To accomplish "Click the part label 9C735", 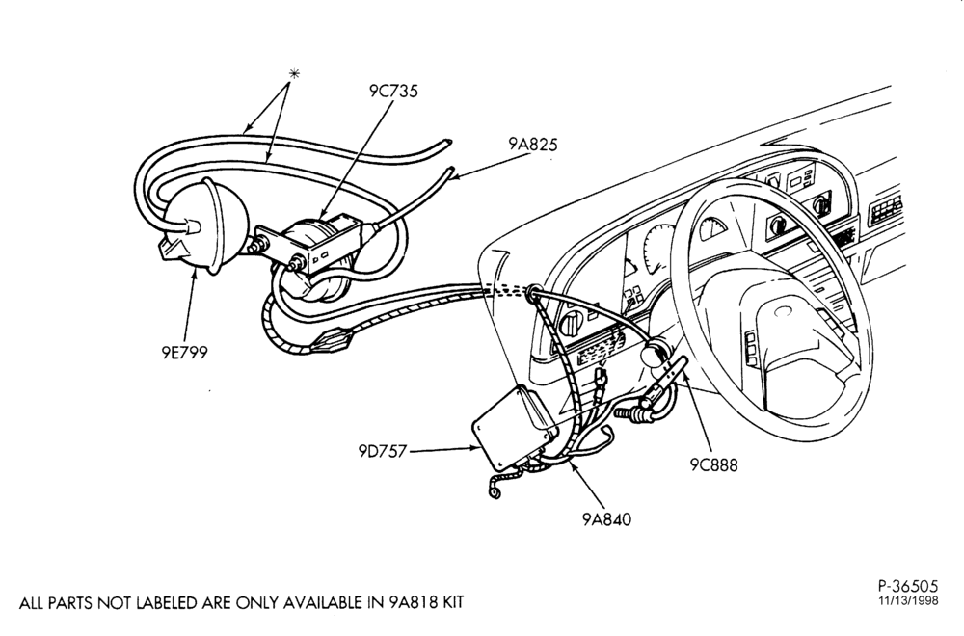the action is tap(393, 91).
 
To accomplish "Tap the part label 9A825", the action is tap(533, 145).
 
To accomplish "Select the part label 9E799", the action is tap(184, 352).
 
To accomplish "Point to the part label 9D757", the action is tap(383, 452).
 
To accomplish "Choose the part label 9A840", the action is tap(606, 519).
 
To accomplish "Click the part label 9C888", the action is tap(713, 465).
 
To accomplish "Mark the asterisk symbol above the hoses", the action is tap(294, 74).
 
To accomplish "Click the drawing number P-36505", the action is tap(908, 586).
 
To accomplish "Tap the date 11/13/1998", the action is tap(908, 601).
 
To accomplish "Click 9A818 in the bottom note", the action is tap(411, 603).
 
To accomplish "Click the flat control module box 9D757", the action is tap(514, 427).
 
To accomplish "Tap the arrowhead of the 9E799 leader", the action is tap(196, 275).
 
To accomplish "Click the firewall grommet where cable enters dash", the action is tap(532, 290).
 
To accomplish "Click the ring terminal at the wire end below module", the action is tap(494, 492).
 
